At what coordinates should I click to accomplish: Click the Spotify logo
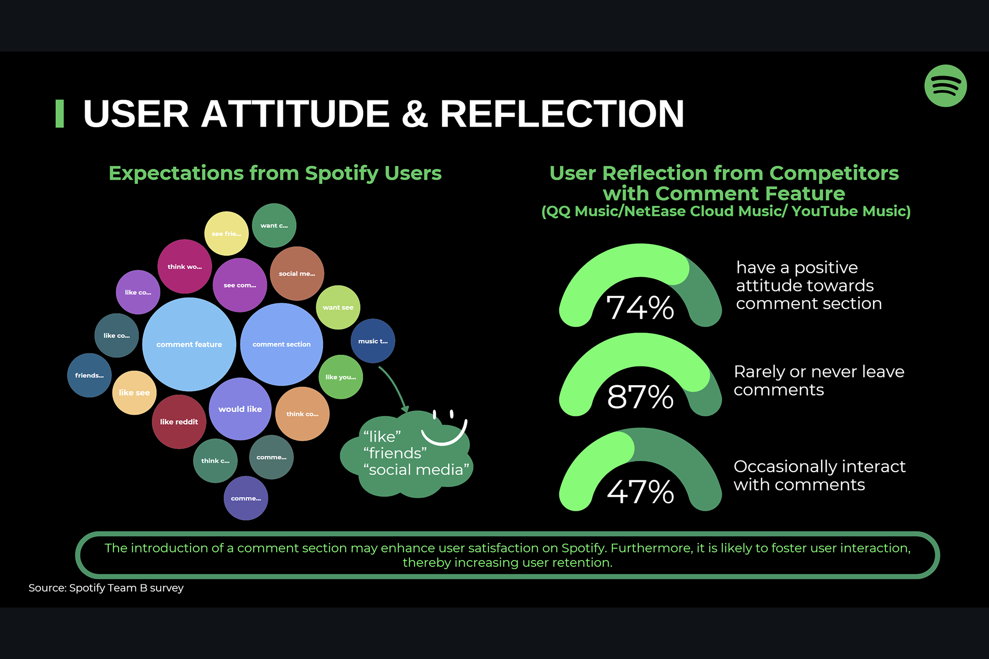945,86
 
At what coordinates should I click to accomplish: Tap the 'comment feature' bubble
189,344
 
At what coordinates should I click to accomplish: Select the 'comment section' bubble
281,344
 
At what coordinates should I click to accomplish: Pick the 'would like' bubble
240,409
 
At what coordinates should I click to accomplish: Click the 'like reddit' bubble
179,422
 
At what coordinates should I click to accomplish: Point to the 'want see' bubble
338,307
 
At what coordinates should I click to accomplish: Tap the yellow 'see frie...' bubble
226,234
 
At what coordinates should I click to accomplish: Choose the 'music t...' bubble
373,341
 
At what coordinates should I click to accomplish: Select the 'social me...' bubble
297,274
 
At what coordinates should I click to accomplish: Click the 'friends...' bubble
89,375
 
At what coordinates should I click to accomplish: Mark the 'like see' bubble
134,393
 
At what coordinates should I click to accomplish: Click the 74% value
640,308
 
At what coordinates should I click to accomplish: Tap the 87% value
640,397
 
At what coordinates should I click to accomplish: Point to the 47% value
640,492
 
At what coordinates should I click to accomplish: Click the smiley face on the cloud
444,427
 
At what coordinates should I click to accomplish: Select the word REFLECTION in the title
562,114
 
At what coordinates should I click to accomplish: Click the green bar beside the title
60,114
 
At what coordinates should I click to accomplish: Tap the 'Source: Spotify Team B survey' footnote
106,588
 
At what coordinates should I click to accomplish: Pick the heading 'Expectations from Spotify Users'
275,174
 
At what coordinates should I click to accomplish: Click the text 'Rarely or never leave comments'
819,380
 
